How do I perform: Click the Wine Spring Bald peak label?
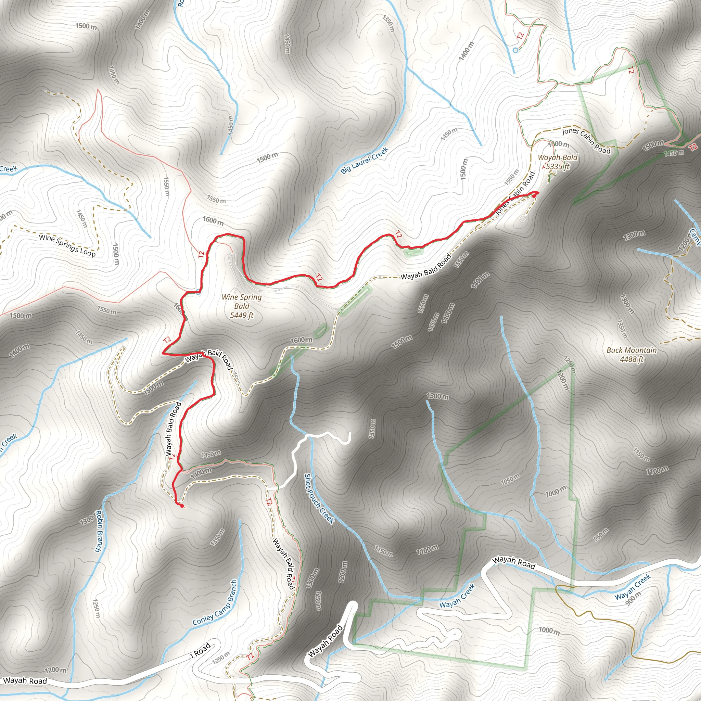tap(242, 306)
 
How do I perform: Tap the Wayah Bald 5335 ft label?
tap(557, 162)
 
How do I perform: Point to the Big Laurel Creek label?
tap(364, 160)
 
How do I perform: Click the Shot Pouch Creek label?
tap(319, 498)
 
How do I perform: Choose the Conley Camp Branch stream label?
tap(215, 603)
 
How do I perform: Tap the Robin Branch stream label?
tap(98, 531)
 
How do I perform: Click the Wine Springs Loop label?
tap(67, 246)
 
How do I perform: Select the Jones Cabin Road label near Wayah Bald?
tap(586, 140)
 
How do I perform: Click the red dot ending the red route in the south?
tap(182, 506)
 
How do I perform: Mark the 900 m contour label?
tap(634, 598)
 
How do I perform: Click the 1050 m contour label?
tap(510, 479)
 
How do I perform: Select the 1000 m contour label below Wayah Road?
tap(549, 630)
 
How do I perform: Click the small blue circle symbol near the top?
tap(515, 50)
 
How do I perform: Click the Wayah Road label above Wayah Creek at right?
tap(513, 563)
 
